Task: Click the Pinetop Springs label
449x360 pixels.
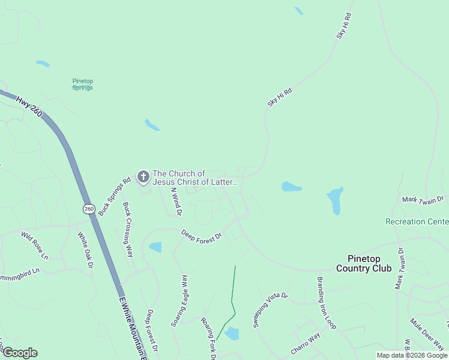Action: click(83, 84)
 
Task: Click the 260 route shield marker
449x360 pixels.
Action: click(89, 208)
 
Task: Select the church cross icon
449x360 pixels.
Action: click(143, 177)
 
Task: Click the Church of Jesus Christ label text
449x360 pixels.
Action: click(196, 178)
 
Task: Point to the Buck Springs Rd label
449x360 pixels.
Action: click(114, 196)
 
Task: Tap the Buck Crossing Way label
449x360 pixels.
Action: click(128, 229)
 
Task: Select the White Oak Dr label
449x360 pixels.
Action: click(86, 250)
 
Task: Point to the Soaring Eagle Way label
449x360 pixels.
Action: click(179, 300)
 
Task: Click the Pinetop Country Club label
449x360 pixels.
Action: click(364, 263)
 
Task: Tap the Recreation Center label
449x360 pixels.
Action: click(417, 221)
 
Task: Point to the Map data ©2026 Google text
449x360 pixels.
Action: click(412, 355)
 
